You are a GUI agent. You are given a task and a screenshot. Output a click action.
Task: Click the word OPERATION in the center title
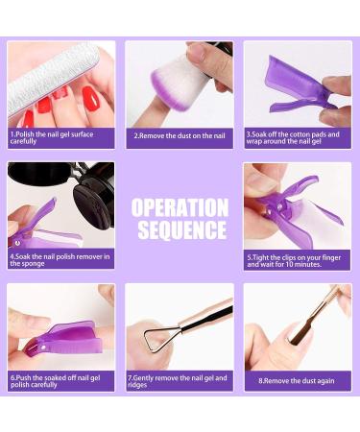point(180,208)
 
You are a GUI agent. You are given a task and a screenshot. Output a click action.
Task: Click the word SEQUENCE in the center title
point(182,229)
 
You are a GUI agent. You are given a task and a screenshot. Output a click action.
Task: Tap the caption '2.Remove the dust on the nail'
point(180,135)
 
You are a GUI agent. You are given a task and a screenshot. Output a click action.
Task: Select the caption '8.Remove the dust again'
point(297,381)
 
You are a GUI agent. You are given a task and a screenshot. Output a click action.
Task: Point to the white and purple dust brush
point(180,84)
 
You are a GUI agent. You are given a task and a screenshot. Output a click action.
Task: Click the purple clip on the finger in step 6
point(64,339)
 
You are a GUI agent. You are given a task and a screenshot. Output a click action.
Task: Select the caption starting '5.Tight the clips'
point(294,261)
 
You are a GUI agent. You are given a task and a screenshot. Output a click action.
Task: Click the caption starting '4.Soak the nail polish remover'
point(60,260)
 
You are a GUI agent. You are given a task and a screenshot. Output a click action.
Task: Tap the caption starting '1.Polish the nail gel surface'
point(52,137)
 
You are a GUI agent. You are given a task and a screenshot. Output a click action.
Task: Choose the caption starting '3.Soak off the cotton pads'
point(293,137)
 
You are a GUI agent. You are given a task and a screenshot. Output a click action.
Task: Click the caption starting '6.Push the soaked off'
point(56,381)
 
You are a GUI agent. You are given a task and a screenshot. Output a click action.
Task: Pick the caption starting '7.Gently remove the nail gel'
point(178,381)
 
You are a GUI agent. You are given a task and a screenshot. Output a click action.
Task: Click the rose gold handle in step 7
point(205,315)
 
